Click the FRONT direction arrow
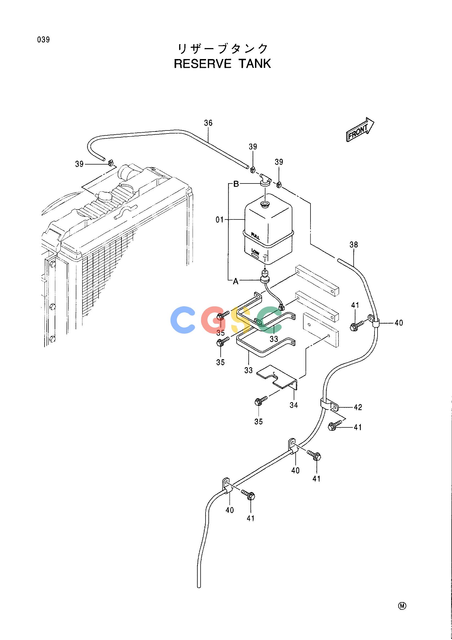[x=360, y=129]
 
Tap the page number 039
[x=43, y=40]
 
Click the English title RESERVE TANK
[x=223, y=63]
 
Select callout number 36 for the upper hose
[x=208, y=123]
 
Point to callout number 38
[x=354, y=245]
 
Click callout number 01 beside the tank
[x=220, y=220]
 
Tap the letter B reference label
[x=236, y=184]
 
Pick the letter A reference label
[x=236, y=282]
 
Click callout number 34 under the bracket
[x=294, y=405]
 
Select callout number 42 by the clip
[x=358, y=408]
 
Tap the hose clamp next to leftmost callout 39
[x=110, y=162]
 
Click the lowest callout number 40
[x=229, y=510]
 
